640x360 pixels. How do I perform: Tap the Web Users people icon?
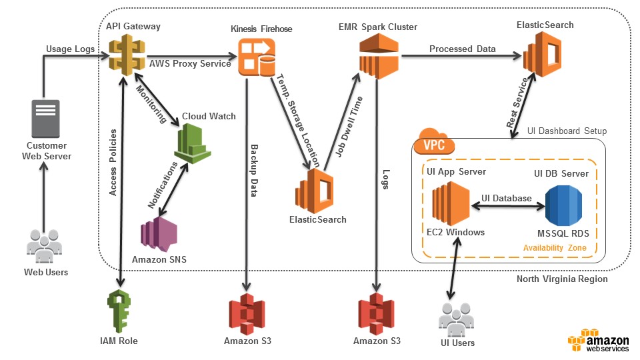pos(45,245)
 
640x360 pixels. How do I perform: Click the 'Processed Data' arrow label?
pos(462,49)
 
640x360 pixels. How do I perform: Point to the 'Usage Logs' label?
pos(69,49)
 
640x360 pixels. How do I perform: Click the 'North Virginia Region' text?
pos(562,279)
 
